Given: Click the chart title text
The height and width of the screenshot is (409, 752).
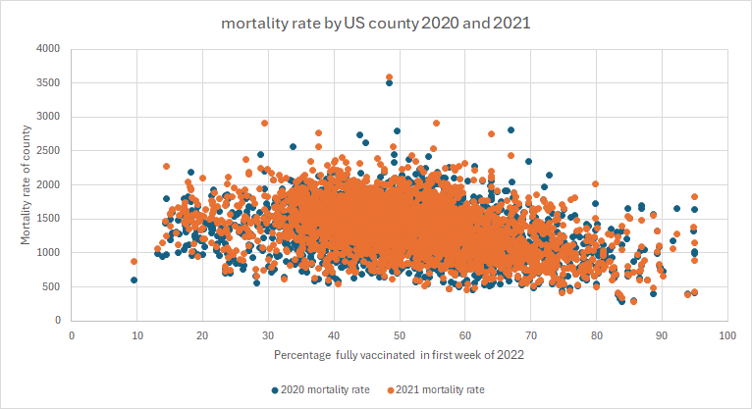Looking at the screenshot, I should (376, 23).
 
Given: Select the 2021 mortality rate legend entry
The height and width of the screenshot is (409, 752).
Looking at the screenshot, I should (438, 389).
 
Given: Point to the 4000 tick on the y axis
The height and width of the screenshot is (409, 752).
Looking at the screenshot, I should (48, 48).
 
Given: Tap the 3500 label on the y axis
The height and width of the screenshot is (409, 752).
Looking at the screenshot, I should (48, 82).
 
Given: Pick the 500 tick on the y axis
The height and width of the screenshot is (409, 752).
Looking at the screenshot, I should (51, 286).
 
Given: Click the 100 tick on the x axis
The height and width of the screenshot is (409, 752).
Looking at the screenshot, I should (726, 335).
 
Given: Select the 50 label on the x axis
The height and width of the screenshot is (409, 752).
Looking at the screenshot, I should (399, 335).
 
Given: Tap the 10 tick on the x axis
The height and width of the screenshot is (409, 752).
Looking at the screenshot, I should (136, 335).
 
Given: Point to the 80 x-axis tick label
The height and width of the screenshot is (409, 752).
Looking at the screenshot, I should (595, 335).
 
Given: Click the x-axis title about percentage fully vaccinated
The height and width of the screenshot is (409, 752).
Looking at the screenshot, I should (399, 356).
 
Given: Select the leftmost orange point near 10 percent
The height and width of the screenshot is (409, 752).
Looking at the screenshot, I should (134, 261).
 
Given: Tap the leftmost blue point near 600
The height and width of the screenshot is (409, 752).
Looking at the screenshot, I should (134, 280).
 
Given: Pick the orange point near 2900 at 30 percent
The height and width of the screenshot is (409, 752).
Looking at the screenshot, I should (264, 124).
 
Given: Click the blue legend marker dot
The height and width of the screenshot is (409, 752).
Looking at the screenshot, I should (274, 389).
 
